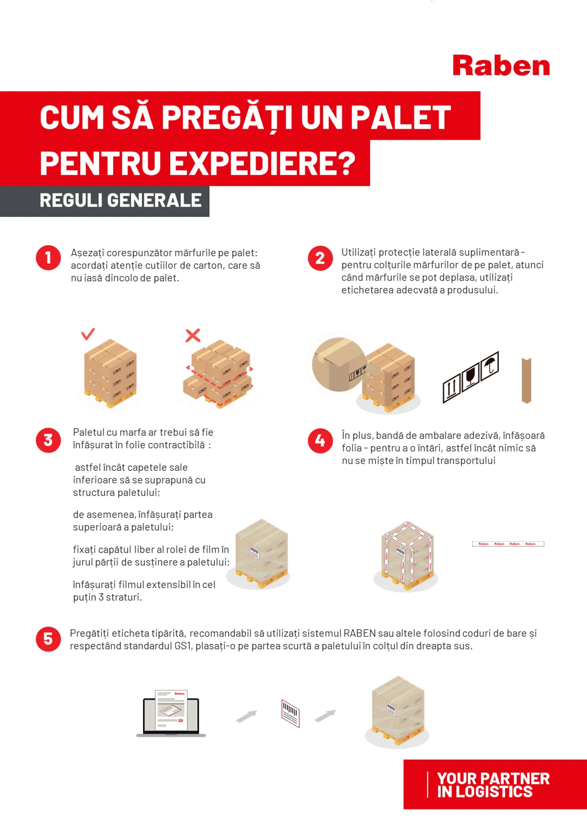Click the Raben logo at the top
click(501, 65)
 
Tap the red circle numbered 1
click(48, 258)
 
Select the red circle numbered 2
click(320, 258)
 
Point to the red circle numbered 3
click(48, 440)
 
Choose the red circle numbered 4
click(320, 441)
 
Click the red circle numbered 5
click(48, 639)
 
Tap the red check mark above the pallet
click(88, 334)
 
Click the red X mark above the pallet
click(193, 335)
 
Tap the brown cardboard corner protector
click(527, 380)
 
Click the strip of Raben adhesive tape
click(508, 544)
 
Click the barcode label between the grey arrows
click(291, 713)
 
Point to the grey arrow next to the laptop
click(247, 716)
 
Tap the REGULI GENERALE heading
click(121, 200)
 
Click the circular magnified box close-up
click(339, 364)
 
